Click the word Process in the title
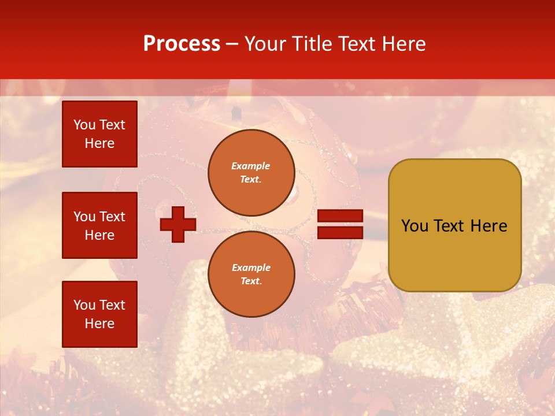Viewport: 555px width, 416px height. tap(182, 44)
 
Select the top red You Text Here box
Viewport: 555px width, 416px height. tap(99, 134)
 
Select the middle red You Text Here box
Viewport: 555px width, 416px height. tap(99, 225)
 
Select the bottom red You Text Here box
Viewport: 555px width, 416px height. tap(99, 314)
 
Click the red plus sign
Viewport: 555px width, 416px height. tap(178, 224)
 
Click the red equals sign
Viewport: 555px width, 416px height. tap(341, 224)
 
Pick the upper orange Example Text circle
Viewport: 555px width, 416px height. tap(251, 173)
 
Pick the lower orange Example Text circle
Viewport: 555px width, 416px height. tap(251, 274)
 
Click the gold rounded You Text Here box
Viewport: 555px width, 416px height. tap(454, 225)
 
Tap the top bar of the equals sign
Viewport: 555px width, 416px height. tap(341, 216)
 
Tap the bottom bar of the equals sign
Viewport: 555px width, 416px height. tap(341, 232)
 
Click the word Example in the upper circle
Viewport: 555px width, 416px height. tap(251, 166)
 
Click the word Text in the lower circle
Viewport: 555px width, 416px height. tap(251, 281)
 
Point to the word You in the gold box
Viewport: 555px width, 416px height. tap(414, 226)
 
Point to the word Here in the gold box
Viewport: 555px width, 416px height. tap(489, 226)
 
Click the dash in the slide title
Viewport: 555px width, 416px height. tap(232, 44)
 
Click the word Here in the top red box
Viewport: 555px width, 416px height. tap(99, 143)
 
